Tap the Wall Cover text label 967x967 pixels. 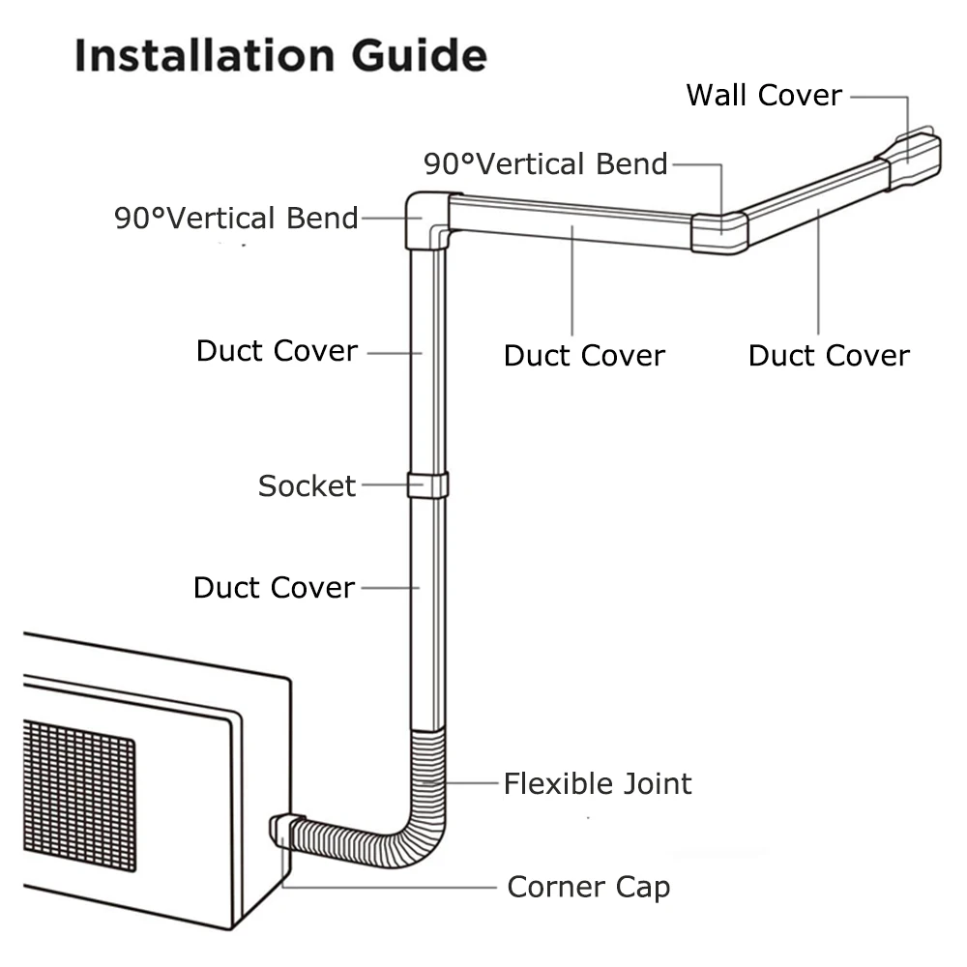coord(764,95)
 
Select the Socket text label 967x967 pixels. coord(307,485)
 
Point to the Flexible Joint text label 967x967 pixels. coord(598,783)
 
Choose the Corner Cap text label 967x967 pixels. coord(588,887)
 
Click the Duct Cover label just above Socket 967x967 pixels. coord(277,351)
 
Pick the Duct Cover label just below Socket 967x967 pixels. coord(274,587)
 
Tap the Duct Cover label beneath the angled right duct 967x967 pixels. coord(829,356)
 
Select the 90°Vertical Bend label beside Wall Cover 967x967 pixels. coord(545,164)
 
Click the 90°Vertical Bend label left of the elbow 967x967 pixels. coord(237,218)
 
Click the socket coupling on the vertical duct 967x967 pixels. coord(427,484)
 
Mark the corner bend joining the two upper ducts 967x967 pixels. coord(719,233)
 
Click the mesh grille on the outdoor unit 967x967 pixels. coord(77,793)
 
